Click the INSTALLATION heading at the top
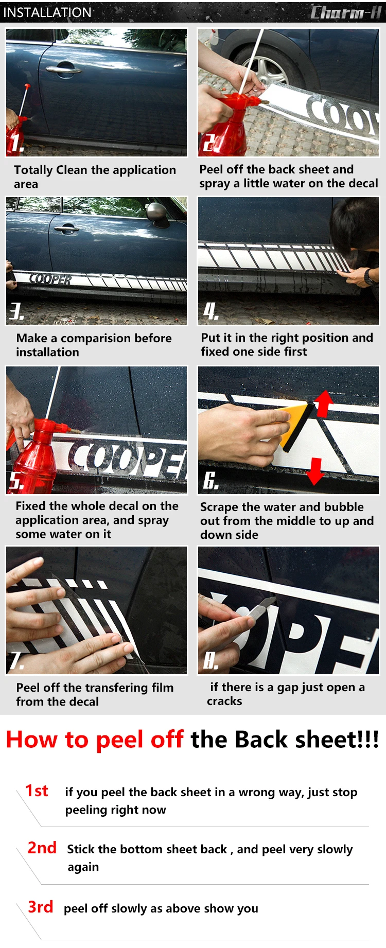pyautogui.click(x=47, y=12)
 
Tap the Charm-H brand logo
pyautogui.click(x=346, y=12)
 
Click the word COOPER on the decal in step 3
pyautogui.click(x=51, y=279)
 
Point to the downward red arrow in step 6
pyautogui.click(x=315, y=471)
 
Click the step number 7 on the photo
pyautogui.click(x=17, y=660)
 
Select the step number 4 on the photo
pyautogui.click(x=211, y=311)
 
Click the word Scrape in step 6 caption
pyautogui.click(x=219, y=507)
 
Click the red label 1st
pyautogui.click(x=37, y=791)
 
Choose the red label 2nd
pyautogui.click(x=42, y=848)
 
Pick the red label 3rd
pyautogui.click(x=40, y=906)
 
